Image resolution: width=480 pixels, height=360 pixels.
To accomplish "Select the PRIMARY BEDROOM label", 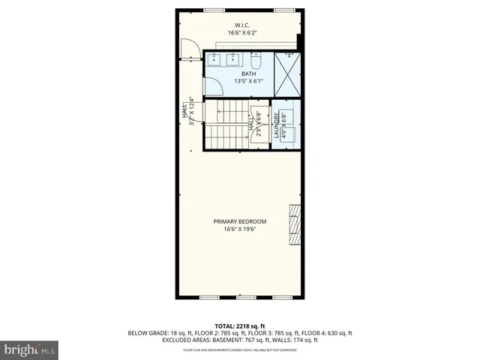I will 240,221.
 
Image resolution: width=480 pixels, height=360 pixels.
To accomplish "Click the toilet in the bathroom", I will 256,59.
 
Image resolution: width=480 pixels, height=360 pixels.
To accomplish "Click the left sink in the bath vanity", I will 215,59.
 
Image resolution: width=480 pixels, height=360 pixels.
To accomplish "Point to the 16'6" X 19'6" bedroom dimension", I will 240,229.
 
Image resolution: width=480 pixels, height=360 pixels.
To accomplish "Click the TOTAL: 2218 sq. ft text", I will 239,326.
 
